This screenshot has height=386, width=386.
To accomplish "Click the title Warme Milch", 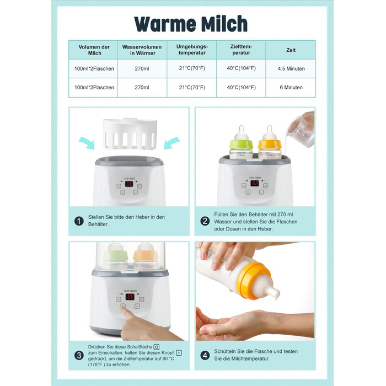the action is coord(191,24).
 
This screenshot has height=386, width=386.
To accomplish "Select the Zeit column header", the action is coord(291,50).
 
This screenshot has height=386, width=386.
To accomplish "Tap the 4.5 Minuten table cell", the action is coord(291,69).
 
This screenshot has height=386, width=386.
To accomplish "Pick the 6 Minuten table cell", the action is coord(291,87).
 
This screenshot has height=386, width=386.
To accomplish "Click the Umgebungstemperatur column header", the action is coord(192,50).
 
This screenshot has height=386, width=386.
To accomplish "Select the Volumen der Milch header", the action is coord(94,50).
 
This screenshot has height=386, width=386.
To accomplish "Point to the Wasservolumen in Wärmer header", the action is coord(142,50).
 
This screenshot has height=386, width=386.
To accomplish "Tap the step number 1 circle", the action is coord(79,221).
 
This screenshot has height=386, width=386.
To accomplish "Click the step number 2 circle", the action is coord(205,221).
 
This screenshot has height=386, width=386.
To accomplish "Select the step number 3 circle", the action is coord(79,356).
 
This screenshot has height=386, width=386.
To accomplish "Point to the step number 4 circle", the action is coord(205,356).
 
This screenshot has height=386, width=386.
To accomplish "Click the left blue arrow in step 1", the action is coord(87,143).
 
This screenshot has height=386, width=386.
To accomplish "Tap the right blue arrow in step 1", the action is coord(171,143).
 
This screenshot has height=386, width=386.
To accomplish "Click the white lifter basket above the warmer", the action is coord(130,133).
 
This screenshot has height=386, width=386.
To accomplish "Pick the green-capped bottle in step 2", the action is coord(242,143).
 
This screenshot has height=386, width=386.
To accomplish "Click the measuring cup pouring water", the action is coord(301,131).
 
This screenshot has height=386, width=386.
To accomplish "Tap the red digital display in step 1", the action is coord(129,184).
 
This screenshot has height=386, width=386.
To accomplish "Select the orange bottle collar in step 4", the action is coord(251,280).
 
